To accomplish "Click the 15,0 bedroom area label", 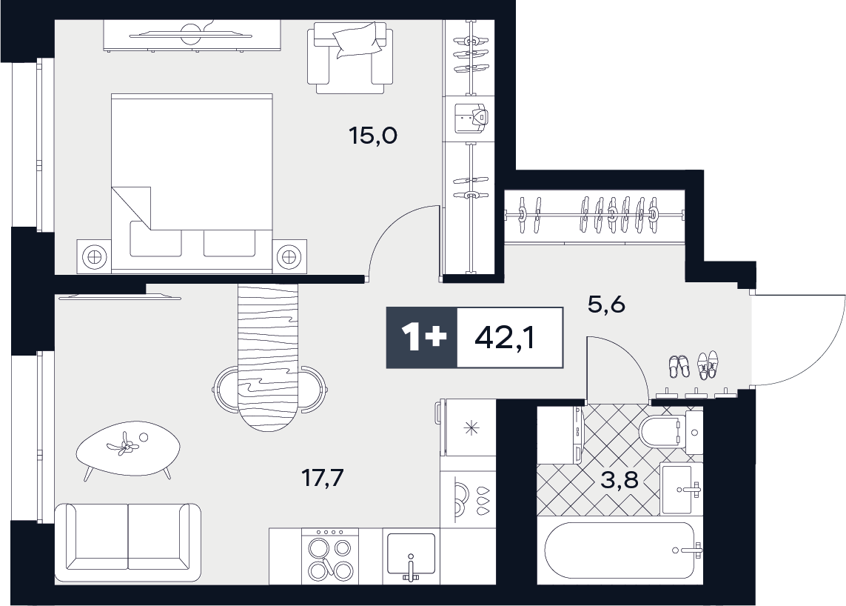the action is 373,136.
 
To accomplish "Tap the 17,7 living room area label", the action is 322,478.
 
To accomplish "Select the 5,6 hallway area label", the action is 606,305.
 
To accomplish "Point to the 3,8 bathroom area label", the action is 620,479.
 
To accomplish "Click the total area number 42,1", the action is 505,338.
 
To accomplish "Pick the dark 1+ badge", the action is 422,338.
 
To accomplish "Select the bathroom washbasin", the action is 681,489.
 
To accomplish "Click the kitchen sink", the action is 411,556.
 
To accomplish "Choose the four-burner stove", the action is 329,556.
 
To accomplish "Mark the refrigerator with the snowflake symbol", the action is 467,427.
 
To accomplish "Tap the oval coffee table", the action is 128,450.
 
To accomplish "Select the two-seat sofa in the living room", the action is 128,542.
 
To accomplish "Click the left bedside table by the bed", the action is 94,256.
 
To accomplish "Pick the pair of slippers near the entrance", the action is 679,366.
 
